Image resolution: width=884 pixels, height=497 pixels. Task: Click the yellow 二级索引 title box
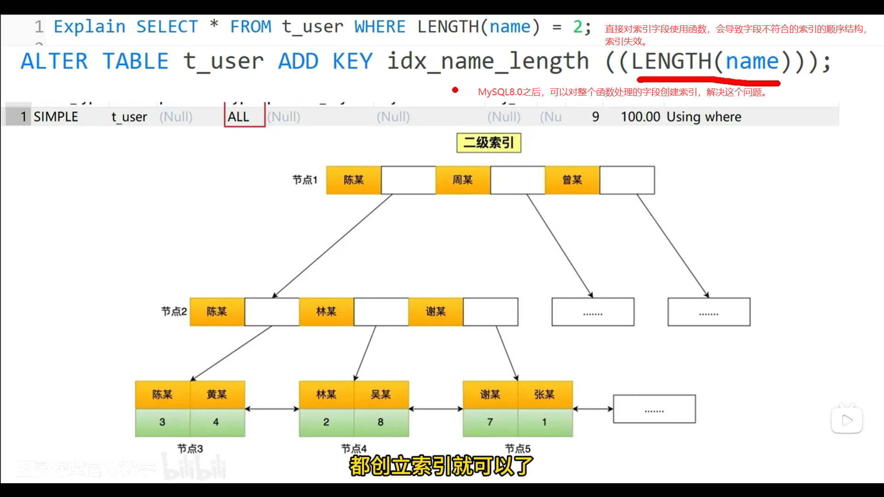point(489,143)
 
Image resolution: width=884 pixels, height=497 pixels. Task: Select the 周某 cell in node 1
point(463,180)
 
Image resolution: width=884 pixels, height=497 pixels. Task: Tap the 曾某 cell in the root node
point(572,180)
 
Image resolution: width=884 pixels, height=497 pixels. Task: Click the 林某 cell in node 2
point(326,312)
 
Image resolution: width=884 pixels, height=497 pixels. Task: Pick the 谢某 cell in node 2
point(436,312)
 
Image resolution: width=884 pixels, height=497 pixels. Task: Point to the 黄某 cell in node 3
point(217,394)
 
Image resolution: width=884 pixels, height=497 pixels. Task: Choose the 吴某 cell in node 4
point(381,394)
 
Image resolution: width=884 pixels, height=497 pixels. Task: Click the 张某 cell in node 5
point(545,394)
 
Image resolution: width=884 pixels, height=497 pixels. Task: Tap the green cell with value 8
point(381,422)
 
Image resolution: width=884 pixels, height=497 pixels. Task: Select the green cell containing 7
point(490,422)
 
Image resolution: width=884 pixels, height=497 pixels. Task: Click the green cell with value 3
point(162,422)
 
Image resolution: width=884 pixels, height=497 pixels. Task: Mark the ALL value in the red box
point(238,117)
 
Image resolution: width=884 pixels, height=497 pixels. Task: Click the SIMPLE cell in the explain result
point(56,117)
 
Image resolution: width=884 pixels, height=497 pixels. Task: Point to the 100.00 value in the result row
point(640,117)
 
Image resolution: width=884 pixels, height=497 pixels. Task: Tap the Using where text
point(704,117)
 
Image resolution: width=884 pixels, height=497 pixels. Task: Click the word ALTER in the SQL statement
point(54,62)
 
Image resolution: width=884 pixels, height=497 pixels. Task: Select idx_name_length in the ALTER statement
point(488,62)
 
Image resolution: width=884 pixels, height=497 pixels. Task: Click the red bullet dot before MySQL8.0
point(455,90)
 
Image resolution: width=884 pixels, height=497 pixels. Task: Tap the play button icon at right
point(847,420)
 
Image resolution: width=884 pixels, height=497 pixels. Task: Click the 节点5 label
point(518,448)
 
